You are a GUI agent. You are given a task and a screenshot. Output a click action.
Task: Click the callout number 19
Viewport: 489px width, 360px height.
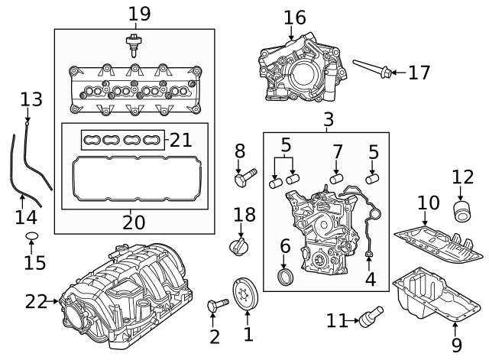(140, 13)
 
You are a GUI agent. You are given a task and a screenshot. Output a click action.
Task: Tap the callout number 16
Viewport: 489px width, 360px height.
(294, 17)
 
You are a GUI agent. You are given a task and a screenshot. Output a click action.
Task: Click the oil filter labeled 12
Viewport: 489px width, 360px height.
(461, 211)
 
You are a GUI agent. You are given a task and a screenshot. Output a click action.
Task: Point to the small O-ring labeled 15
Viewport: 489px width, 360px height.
(31, 235)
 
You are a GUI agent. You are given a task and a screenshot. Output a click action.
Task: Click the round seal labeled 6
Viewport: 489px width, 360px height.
(285, 274)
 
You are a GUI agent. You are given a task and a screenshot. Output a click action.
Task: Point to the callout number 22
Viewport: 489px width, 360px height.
(35, 302)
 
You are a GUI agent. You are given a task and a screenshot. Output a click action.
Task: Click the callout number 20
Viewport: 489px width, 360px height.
(134, 222)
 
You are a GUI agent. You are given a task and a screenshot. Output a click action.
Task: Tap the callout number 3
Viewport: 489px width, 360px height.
(329, 119)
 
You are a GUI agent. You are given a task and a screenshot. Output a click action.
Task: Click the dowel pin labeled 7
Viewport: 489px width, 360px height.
(334, 180)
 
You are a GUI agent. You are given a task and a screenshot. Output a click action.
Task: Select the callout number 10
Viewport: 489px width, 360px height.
(429, 203)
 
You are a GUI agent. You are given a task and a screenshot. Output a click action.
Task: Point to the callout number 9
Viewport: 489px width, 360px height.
(456, 345)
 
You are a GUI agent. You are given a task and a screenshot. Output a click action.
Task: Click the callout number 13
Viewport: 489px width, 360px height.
(31, 99)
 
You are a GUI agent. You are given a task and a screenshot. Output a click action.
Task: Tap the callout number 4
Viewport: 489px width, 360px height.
(370, 279)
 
